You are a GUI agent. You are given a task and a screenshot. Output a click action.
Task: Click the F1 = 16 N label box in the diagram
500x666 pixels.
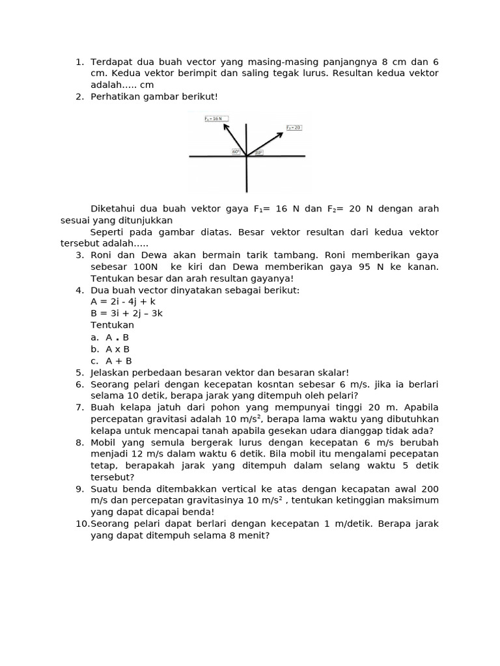point(214,119)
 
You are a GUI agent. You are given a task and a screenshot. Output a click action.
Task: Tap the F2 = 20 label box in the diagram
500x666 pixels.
point(293,127)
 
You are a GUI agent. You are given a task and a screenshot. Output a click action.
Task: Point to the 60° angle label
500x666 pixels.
point(236,152)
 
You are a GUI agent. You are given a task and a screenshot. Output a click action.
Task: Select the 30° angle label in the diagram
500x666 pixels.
point(258,153)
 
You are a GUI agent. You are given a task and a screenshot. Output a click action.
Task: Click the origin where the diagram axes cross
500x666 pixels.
point(246,156)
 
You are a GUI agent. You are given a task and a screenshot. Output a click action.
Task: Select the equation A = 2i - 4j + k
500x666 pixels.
point(123,302)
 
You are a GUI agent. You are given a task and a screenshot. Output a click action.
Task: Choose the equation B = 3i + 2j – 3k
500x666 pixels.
point(126,313)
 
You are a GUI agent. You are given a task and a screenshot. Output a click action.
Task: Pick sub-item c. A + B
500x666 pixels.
point(111,361)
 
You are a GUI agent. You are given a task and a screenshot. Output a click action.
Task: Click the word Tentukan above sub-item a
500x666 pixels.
point(112,325)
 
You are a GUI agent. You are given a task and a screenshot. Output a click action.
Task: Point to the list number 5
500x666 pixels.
point(79,373)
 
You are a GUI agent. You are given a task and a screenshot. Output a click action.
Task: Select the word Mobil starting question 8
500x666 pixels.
point(103,442)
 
